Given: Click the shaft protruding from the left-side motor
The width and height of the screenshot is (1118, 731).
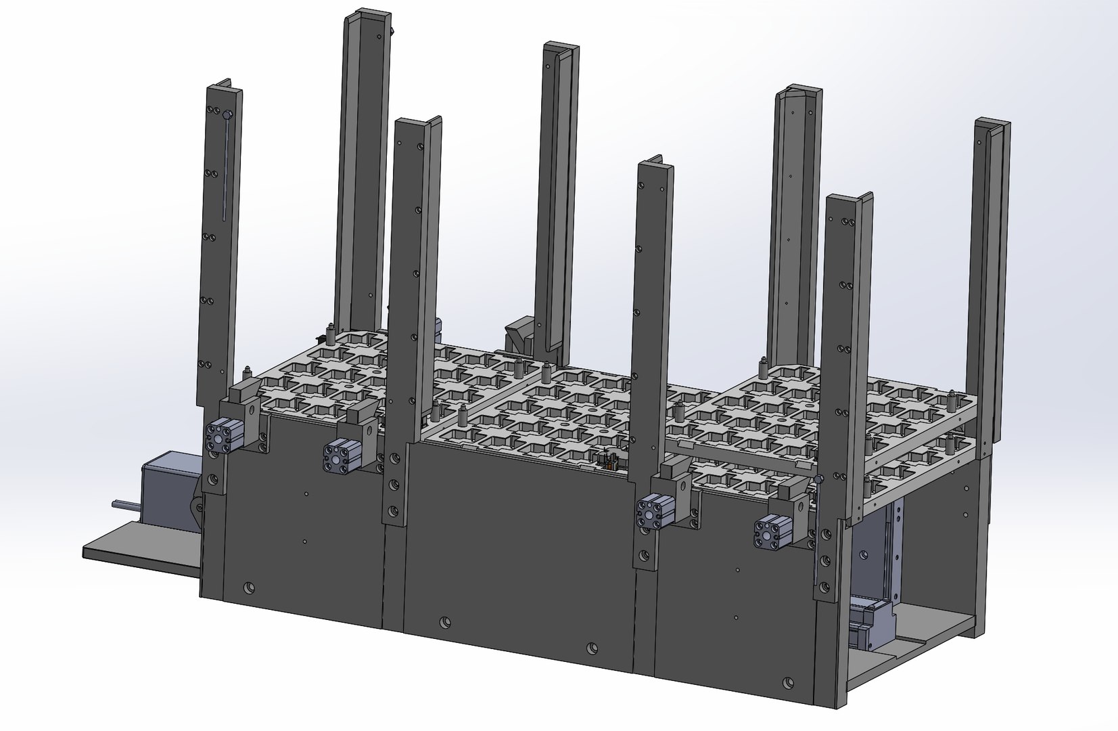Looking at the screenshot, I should [x=125, y=503].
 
